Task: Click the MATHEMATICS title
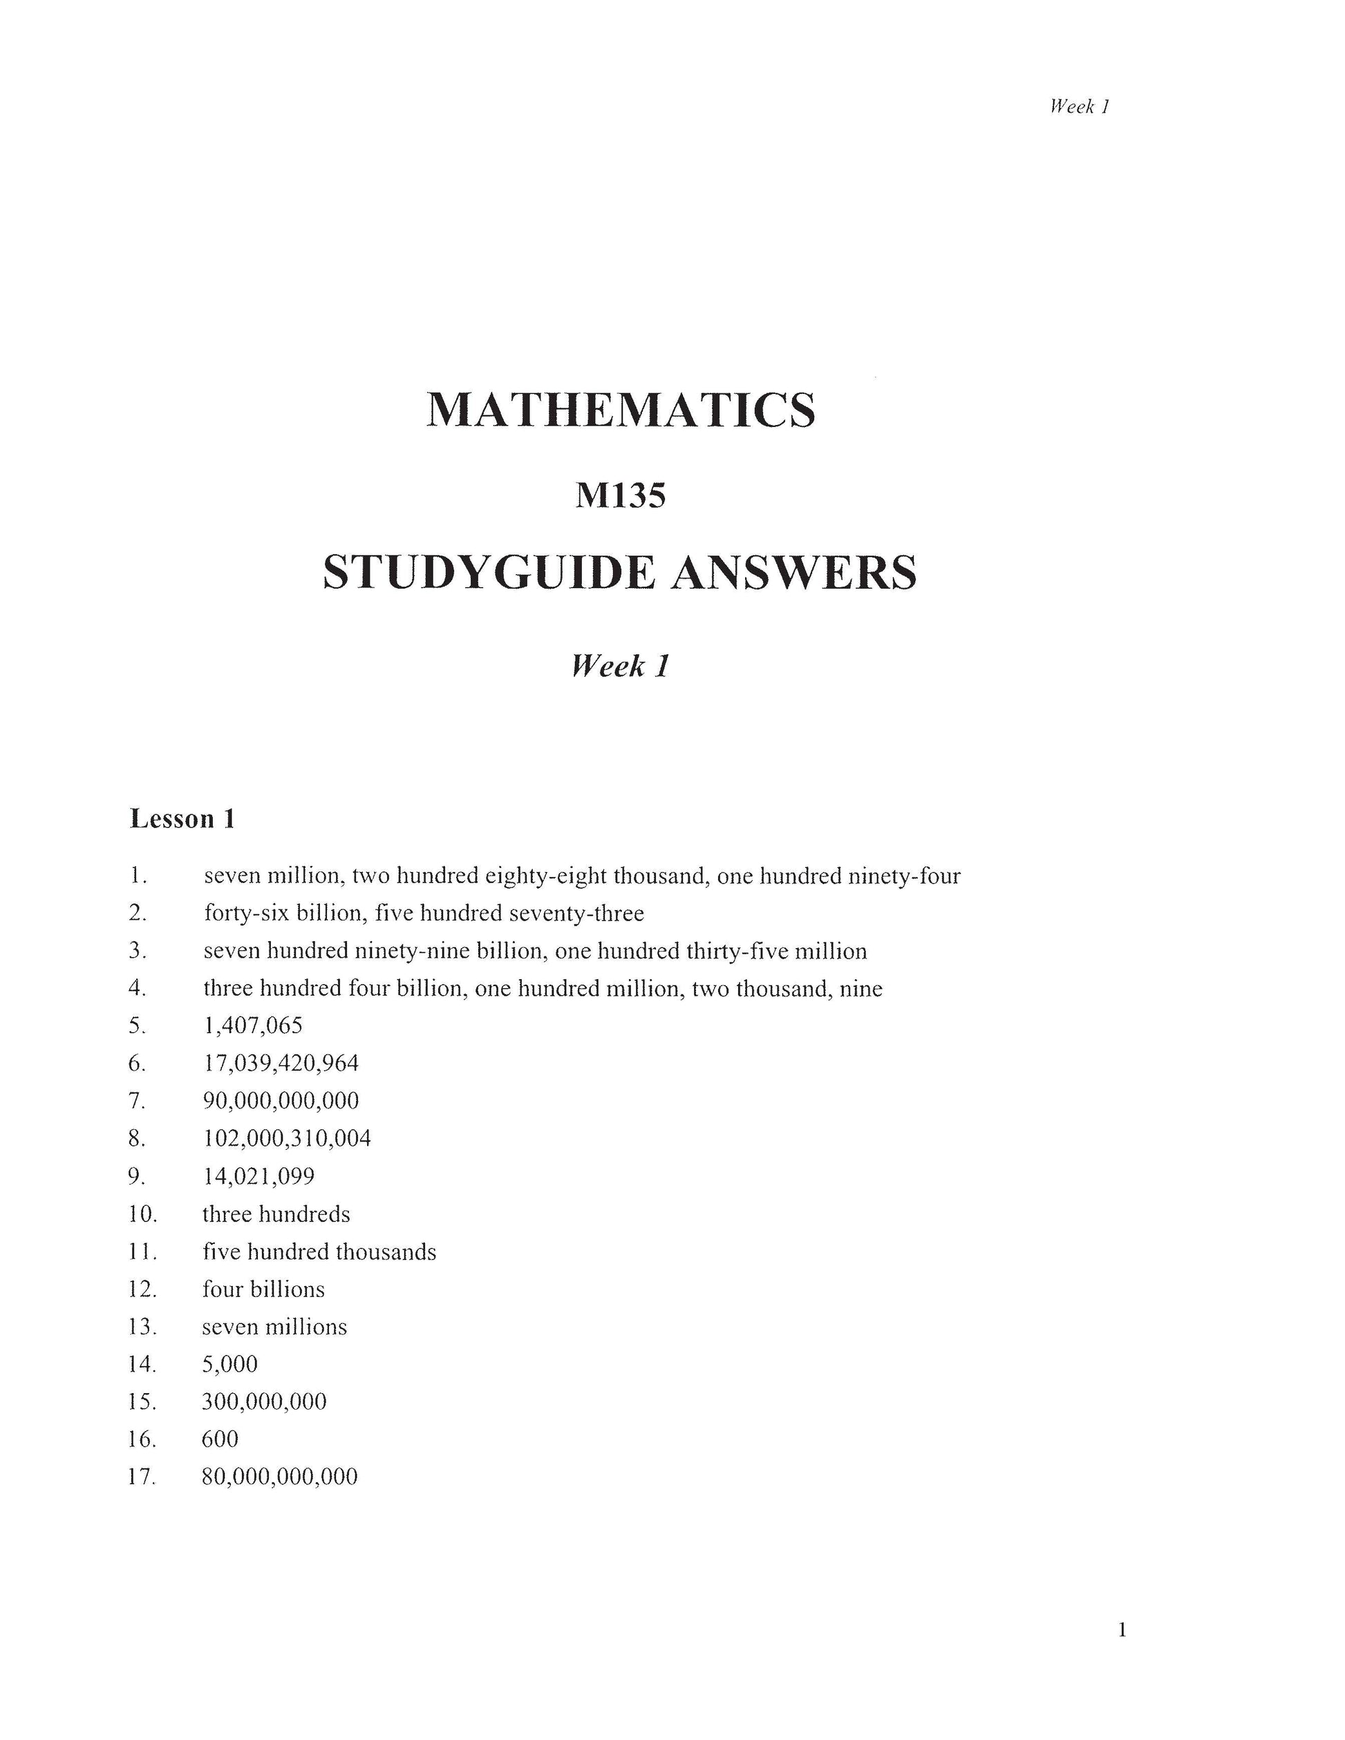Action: tap(621, 410)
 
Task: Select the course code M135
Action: tap(621, 495)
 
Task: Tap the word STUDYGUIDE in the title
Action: tap(489, 573)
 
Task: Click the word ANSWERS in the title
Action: tap(793, 573)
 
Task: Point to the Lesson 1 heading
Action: tap(182, 819)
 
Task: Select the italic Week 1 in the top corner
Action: tap(1080, 106)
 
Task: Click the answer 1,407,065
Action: tap(254, 1025)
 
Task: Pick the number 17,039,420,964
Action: tap(281, 1063)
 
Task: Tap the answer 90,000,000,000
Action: tap(281, 1100)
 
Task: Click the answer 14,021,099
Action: tap(259, 1176)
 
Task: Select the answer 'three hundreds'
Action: tap(276, 1214)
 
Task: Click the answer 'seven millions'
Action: tap(275, 1327)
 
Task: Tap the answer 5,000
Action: tap(230, 1364)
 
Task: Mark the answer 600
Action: tap(220, 1439)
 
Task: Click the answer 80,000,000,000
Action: tap(281, 1476)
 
